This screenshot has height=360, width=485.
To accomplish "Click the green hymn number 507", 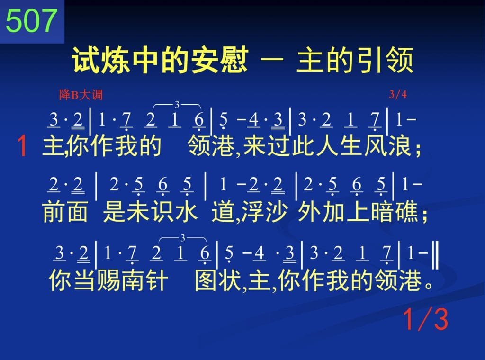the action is pos(32,21).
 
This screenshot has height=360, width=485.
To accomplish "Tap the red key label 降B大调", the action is pos(81,95).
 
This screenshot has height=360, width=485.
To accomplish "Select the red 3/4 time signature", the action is pos(398,94).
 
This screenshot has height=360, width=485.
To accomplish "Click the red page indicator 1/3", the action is pos(426,319).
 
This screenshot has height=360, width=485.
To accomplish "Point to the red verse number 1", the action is pos(22,146).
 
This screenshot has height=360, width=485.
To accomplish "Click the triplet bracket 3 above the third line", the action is pos(183,238).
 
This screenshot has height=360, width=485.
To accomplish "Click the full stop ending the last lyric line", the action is pos(429,285).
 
